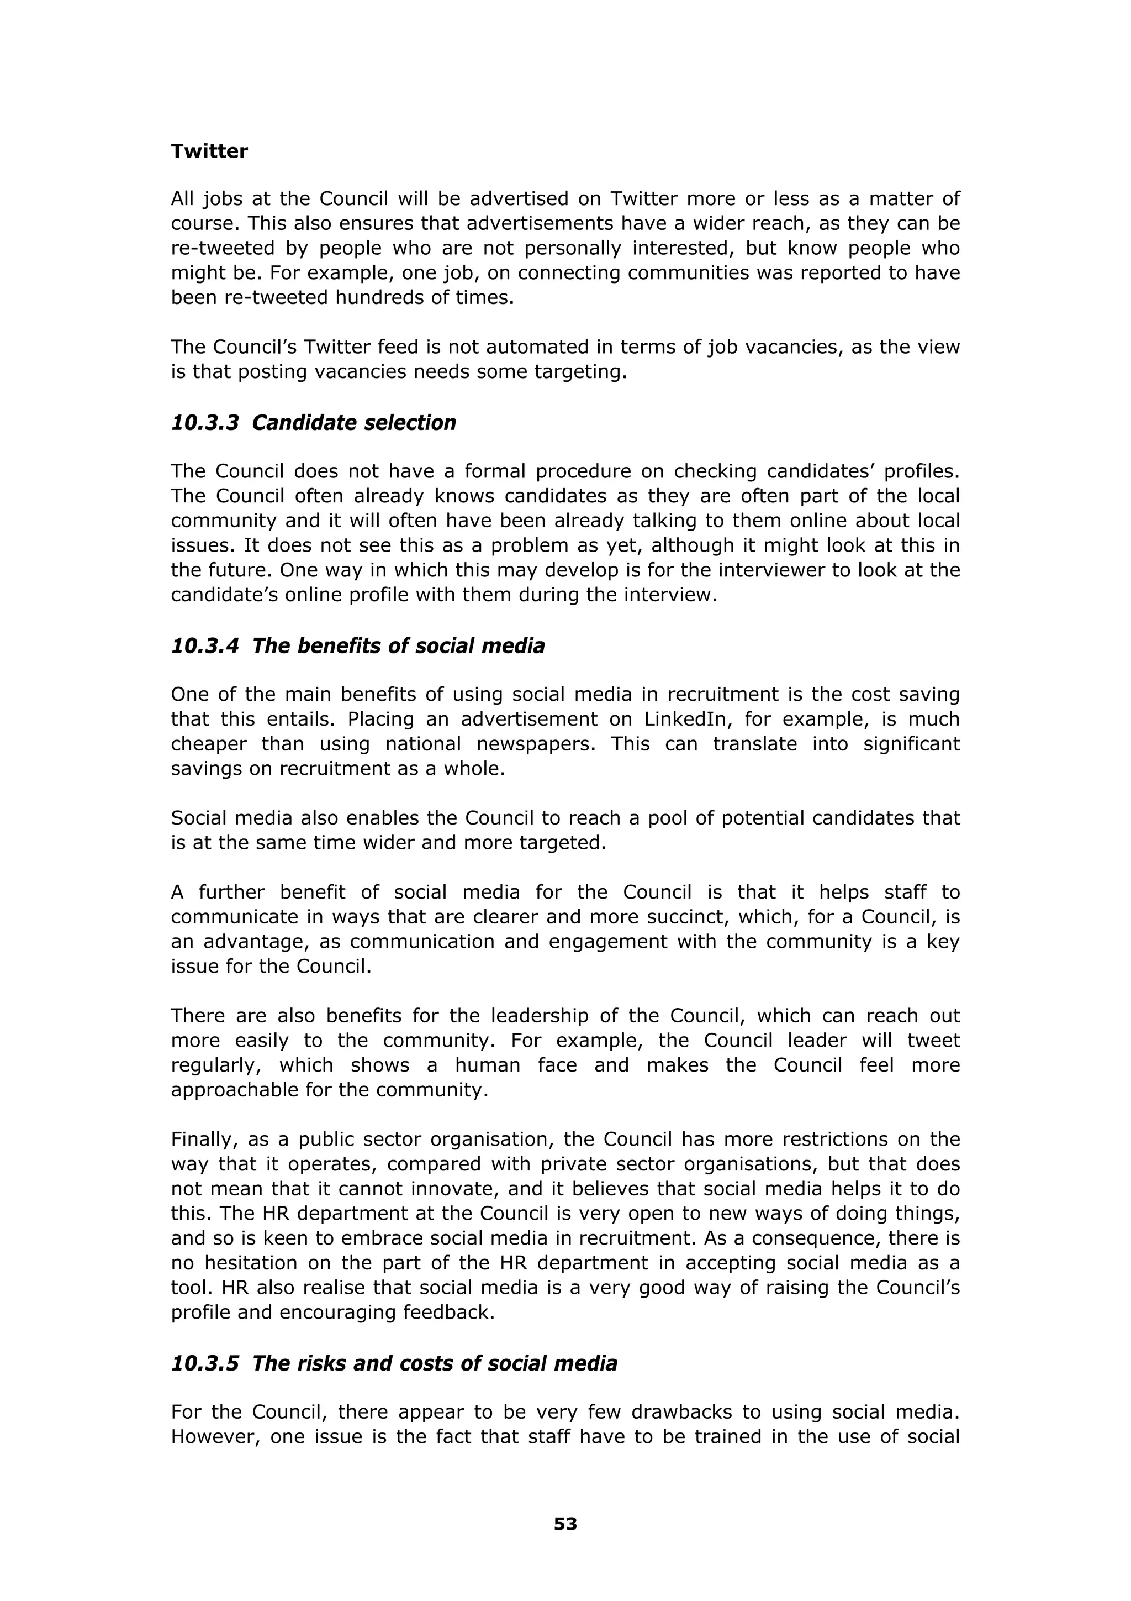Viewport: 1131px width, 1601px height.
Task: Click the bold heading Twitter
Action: (x=209, y=151)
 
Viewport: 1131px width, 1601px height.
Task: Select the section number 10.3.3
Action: (x=205, y=423)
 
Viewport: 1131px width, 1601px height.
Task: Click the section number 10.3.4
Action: (x=205, y=645)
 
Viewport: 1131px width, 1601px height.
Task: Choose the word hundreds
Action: (x=378, y=298)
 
